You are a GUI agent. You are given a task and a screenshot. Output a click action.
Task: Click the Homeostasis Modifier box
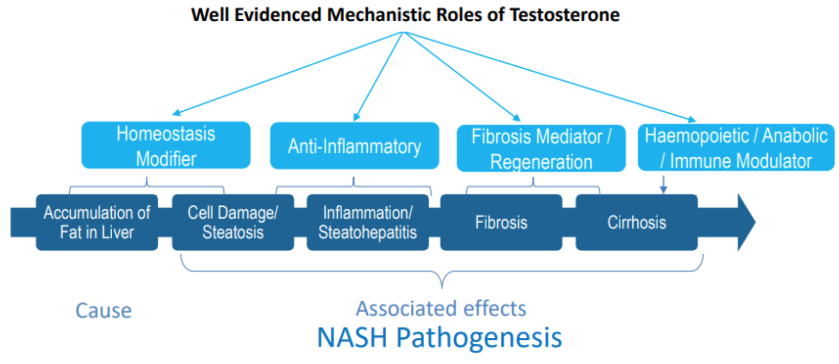coord(166,146)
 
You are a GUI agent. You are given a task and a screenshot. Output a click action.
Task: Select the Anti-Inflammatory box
coord(354,146)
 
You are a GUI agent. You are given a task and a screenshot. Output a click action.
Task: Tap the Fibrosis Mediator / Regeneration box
coord(541,149)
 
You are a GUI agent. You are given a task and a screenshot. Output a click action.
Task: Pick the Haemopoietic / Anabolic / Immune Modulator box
coord(735,148)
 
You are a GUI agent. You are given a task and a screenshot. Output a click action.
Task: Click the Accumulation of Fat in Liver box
coord(97,222)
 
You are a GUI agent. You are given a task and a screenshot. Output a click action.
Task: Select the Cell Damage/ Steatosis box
coord(233,222)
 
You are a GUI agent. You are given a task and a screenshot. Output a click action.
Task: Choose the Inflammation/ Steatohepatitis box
coord(367,222)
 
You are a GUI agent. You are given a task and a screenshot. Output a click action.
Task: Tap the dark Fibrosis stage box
coord(501,222)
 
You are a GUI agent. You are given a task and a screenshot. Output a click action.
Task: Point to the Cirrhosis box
coord(636,222)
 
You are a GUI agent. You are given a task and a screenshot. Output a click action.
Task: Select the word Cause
coord(104,311)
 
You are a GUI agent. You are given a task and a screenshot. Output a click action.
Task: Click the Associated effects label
coord(441,308)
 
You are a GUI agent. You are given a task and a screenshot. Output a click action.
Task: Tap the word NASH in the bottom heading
coord(352,337)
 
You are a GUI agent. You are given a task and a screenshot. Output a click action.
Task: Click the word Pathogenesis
coord(479,337)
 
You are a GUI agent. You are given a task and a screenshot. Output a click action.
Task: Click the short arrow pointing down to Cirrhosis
coord(663,184)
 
